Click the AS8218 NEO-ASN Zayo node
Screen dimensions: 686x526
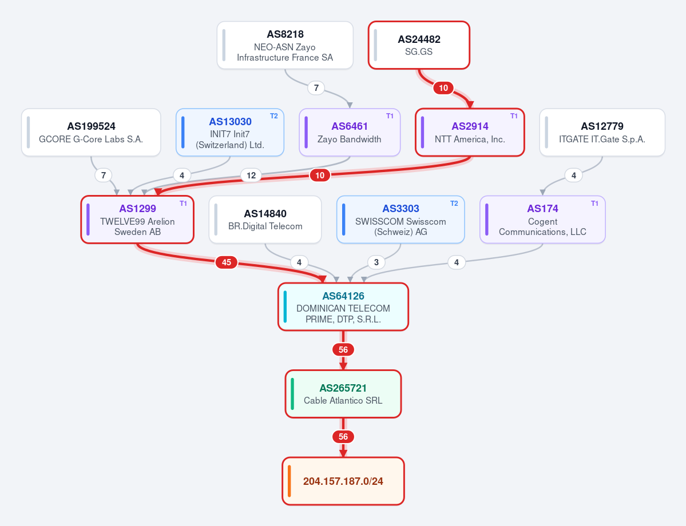pyautogui.click(x=285, y=46)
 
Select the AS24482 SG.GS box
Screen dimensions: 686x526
pyautogui.click(x=419, y=46)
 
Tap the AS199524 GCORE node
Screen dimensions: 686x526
pyautogui.click(x=91, y=133)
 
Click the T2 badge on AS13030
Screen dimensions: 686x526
pyautogui.click(x=274, y=116)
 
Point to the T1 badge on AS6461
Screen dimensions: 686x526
pyautogui.click(x=390, y=116)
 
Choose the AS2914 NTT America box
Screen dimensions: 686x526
pyautogui.click(x=470, y=133)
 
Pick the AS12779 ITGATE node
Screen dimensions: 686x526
pyautogui.click(x=602, y=133)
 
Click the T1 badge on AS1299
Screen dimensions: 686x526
pyautogui.click(x=183, y=204)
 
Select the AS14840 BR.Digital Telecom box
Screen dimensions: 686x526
pyautogui.click(x=265, y=220)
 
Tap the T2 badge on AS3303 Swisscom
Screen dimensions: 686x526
pyautogui.click(x=454, y=204)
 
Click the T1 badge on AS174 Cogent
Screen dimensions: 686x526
pyautogui.click(x=594, y=204)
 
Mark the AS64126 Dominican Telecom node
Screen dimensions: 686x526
pyautogui.click(x=343, y=307)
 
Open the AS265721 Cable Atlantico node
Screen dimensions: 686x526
pyautogui.click(x=343, y=394)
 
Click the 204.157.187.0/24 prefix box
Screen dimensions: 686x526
pyautogui.click(x=343, y=481)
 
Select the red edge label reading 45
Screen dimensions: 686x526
pyautogui.click(x=226, y=262)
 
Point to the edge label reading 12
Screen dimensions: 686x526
pyautogui.click(x=251, y=176)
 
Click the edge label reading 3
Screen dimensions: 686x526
pyautogui.click(x=376, y=262)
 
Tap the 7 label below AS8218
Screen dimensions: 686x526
pyautogui.click(x=316, y=88)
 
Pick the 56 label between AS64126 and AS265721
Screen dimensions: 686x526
pyautogui.click(x=343, y=350)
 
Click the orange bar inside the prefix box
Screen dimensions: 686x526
pyautogui.click(x=289, y=481)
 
